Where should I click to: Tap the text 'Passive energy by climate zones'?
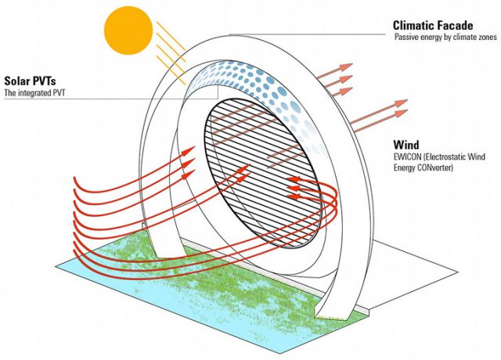444,37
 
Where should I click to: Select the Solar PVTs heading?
32,80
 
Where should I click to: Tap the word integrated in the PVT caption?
35,93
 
